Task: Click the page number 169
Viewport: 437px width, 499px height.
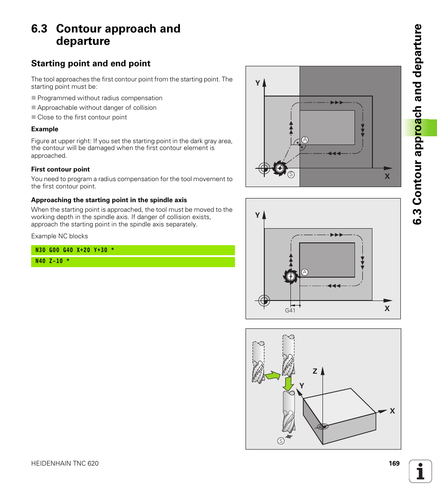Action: coord(394,463)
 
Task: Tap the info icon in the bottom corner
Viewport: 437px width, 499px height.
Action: coord(421,471)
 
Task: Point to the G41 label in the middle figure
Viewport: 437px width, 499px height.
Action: coord(290,310)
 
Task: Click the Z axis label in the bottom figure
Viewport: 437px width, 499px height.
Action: coord(315,371)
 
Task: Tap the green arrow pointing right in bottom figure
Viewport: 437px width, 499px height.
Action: coord(273,376)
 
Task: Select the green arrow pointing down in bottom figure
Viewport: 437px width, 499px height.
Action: coord(289,383)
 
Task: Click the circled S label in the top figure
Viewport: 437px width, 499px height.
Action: coord(291,175)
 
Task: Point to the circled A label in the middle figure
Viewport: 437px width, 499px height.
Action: coord(305,272)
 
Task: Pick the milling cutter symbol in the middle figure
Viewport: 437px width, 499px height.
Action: coord(290,276)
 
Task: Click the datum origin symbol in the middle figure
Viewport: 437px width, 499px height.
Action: coord(264,300)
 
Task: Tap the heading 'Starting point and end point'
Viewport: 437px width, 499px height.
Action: coord(91,64)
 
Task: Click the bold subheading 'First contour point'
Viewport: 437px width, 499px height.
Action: coord(60,169)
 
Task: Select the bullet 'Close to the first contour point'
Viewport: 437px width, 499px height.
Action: coord(82,117)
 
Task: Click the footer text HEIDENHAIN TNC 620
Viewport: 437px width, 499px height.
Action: coord(65,463)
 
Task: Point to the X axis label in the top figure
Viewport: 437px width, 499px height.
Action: coord(387,176)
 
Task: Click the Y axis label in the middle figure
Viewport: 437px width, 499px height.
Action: coord(257,215)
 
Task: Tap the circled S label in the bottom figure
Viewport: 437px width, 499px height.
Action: coord(280,440)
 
